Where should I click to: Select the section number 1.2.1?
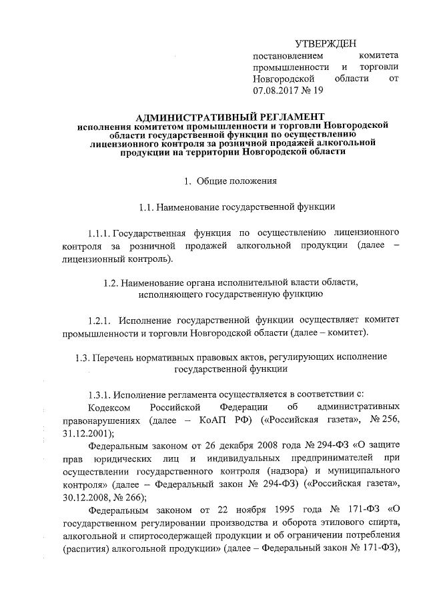click(101, 319)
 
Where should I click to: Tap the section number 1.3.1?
click(100, 392)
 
